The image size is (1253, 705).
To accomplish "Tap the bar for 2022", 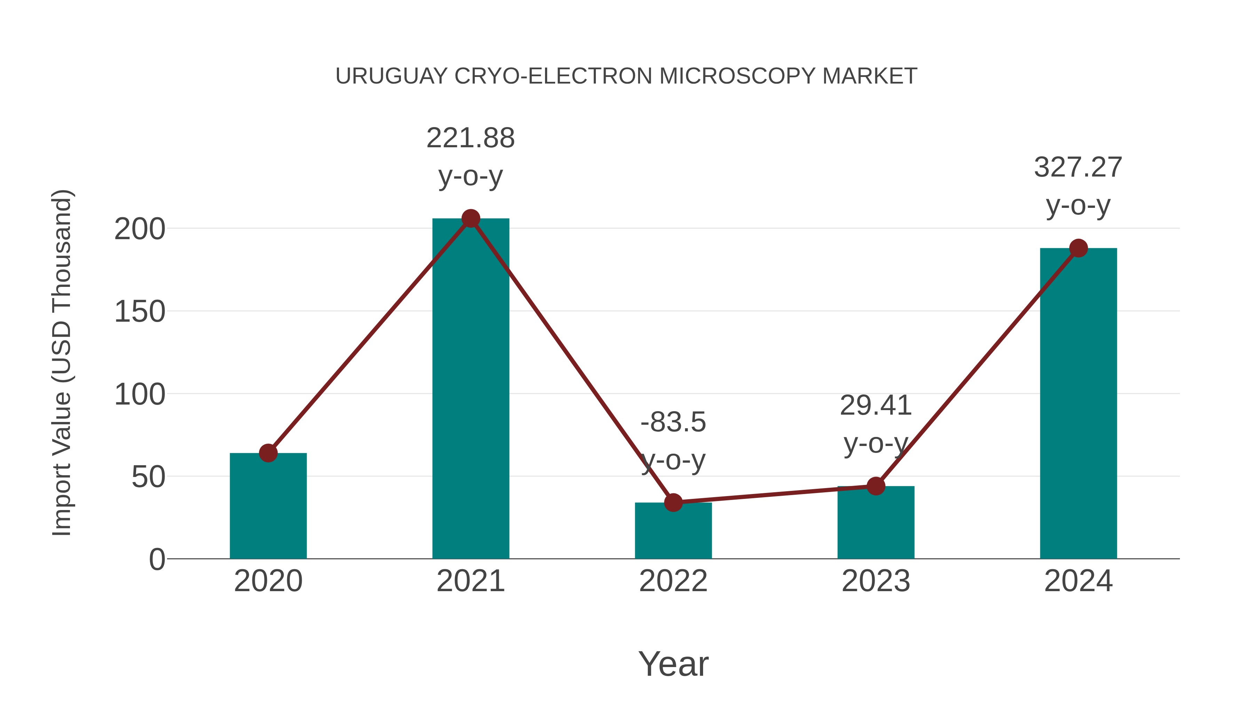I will (x=673, y=533).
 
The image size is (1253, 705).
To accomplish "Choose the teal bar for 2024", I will (x=1078, y=404).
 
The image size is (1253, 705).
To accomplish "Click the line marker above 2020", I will (x=268, y=453).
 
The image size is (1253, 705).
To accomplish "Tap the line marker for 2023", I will (x=876, y=486).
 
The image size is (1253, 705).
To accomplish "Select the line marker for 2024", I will (x=1078, y=248).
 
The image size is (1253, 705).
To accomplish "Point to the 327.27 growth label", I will (x=1078, y=167).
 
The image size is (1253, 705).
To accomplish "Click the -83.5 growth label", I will (x=673, y=422).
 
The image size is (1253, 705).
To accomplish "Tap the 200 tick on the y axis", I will (x=140, y=229).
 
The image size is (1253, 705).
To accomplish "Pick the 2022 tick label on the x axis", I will (x=673, y=581).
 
